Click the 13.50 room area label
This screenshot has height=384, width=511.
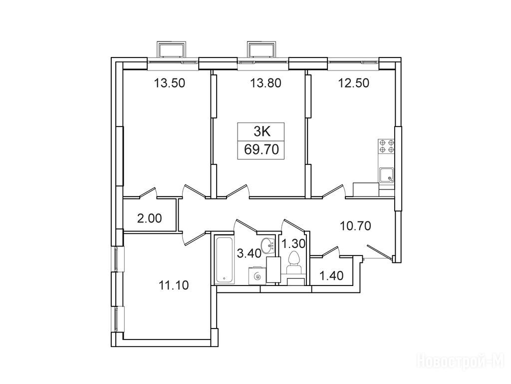tap(170, 83)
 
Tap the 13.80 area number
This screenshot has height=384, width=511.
tap(265, 83)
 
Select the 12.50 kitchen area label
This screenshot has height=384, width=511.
tap(354, 83)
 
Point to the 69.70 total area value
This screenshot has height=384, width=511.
tap(261, 149)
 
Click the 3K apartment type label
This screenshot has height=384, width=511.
tap(261, 132)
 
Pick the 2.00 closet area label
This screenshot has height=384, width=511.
tap(150, 218)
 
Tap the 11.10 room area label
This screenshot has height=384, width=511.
tap(174, 285)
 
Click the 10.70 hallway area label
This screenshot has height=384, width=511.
tap(355, 225)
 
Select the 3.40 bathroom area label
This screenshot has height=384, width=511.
tap(250, 253)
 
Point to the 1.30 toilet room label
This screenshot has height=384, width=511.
tap(293, 243)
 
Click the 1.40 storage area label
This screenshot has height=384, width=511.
tap(331, 275)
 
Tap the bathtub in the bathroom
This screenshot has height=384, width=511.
tap(225, 260)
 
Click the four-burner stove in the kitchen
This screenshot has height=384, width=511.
tap(386, 146)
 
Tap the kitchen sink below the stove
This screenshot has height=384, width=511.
tap(387, 174)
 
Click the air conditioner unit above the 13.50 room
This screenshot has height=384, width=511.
tap(172, 49)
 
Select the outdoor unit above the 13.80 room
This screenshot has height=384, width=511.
tap(262, 49)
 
